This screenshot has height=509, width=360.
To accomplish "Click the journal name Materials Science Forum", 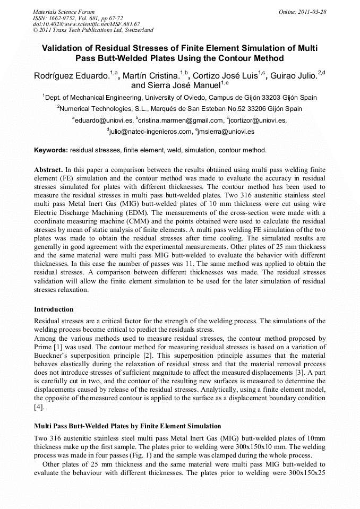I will tap(64, 11).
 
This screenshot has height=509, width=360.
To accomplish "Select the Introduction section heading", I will tap(54, 309).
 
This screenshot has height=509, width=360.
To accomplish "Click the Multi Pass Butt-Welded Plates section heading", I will tap(127, 426).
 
